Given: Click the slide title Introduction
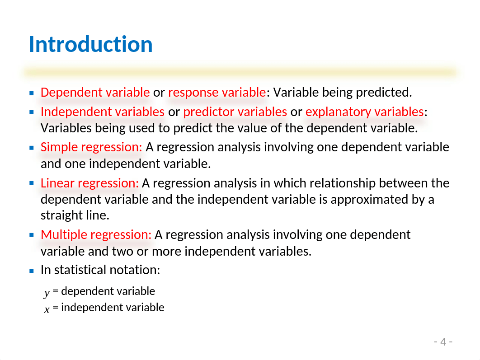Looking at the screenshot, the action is coord(90,44).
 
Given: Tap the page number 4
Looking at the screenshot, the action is coord(443,341).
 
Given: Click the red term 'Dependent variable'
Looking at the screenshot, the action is coord(95,92).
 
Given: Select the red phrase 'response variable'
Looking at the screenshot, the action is coord(217,92).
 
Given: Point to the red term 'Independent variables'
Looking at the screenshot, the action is coord(103,112).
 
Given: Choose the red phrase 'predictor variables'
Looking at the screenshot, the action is coord(235,112).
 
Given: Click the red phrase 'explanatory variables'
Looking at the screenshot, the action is coord(365,112).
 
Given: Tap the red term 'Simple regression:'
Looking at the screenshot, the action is coord(92,147).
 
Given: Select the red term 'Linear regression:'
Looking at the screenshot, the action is coord(89,183).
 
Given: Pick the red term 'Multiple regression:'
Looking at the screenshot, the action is coord(96,235).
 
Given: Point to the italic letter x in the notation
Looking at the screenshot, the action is coord(47,309).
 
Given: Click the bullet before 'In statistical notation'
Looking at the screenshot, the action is coord(32,271).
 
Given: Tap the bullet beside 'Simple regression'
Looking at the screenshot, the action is coord(32,148).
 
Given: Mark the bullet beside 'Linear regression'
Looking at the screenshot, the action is coord(32,183).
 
